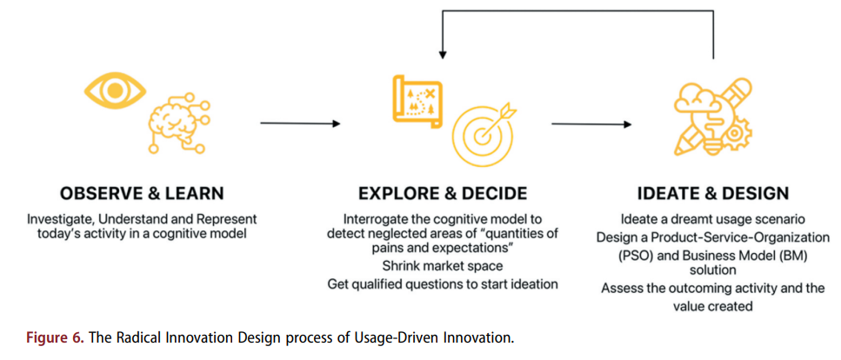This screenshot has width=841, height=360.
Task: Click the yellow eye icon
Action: coord(114,90)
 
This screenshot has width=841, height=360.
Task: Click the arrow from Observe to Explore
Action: coord(300,123)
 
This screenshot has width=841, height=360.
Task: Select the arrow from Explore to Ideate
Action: coord(591,124)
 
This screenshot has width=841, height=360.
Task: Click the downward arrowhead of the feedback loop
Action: coord(442,55)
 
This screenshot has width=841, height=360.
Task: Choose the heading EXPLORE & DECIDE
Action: coord(443,193)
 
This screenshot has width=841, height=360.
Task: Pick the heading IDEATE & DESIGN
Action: coord(713,193)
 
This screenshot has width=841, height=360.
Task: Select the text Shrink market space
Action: coord(443,265)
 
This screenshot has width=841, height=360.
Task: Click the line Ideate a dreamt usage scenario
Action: coord(713,219)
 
